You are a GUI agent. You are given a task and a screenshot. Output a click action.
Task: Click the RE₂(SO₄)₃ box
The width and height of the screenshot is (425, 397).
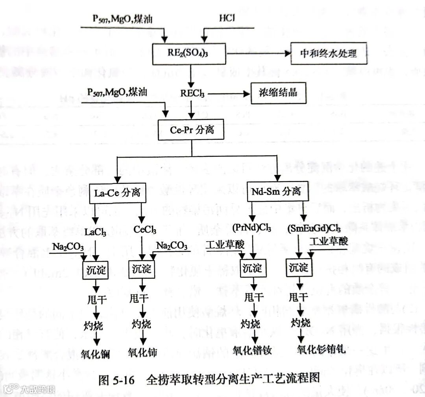(189, 54)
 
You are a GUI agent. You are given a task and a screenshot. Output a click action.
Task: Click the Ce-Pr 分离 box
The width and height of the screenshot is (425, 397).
(191, 130)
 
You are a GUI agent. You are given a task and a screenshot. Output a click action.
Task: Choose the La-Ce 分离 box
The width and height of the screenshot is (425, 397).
(115, 193)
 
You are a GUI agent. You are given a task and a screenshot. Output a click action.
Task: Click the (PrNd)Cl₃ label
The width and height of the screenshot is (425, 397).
(251, 228)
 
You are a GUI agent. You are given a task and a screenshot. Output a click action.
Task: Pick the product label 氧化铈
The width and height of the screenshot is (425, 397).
(142, 352)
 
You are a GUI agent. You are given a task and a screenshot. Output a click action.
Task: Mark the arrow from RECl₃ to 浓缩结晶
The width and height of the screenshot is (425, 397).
(228, 94)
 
